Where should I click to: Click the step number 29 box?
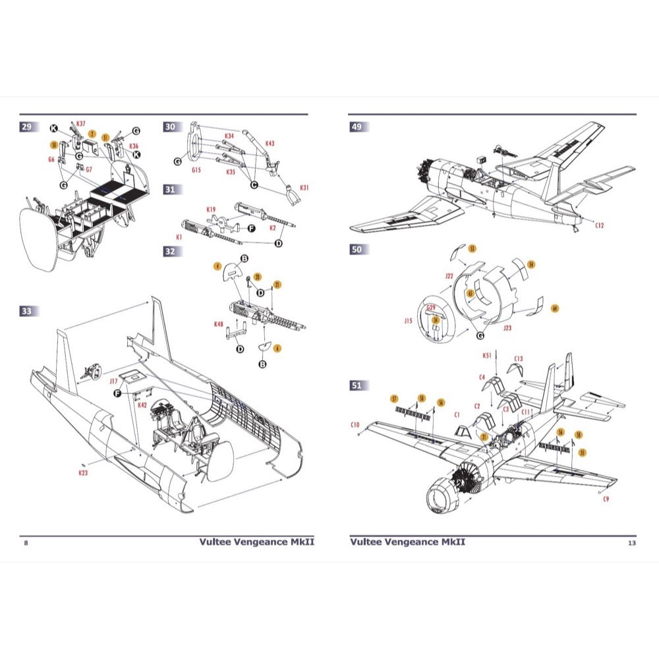[26, 127]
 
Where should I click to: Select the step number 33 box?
[26, 311]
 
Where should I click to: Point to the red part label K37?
[80, 123]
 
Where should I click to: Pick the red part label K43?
[270, 143]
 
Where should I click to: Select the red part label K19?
[211, 210]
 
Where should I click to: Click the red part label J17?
[113, 380]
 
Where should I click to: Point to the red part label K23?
[83, 473]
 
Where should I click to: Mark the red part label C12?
[599, 225]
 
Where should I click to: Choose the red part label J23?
[507, 328]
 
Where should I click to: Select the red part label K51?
[486, 356]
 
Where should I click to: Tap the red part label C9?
[606, 499]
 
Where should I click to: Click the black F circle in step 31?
[251, 228]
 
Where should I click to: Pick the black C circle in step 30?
[253, 167]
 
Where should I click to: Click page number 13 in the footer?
[631, 543]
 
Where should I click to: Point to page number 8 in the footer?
[26, 543]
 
